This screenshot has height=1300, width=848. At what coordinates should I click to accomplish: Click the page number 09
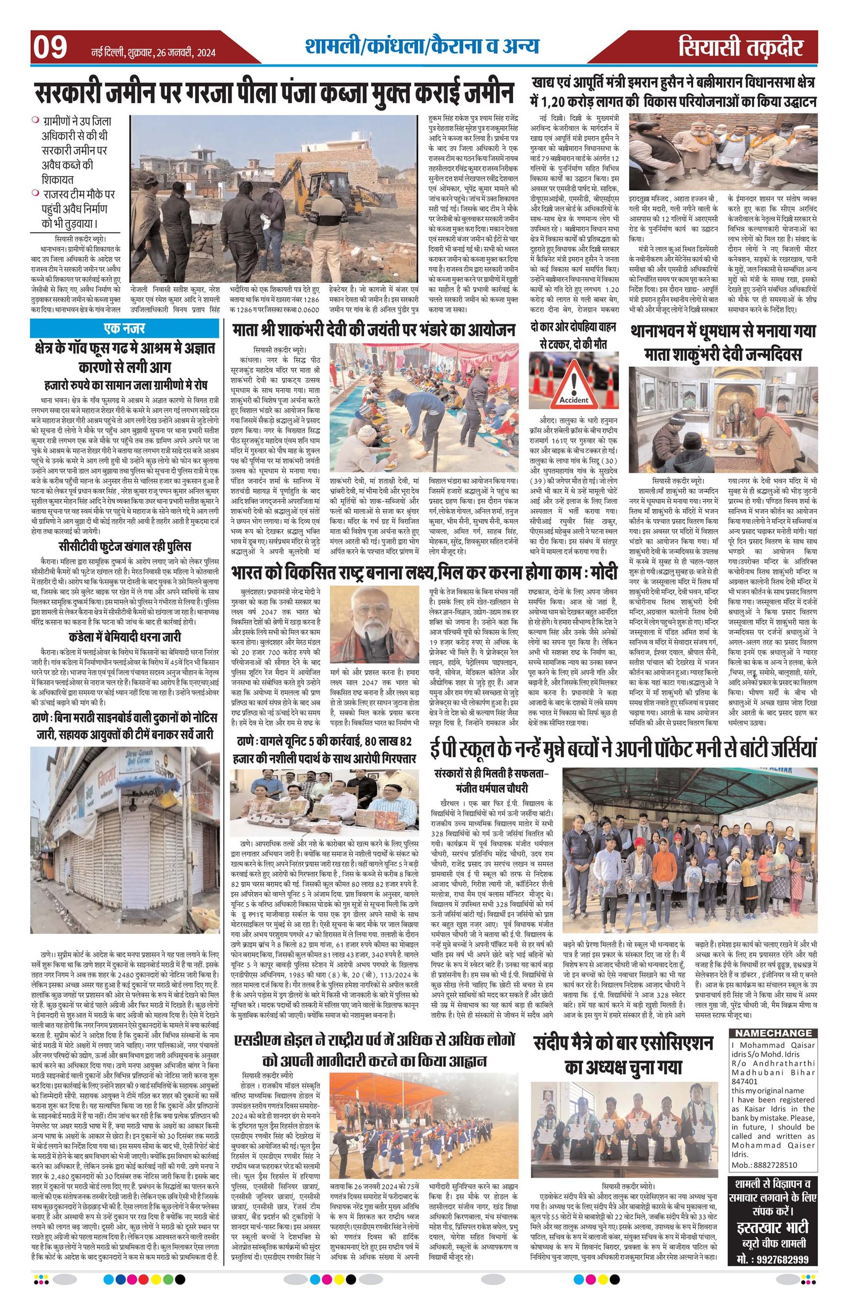(x=50, y=48)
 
